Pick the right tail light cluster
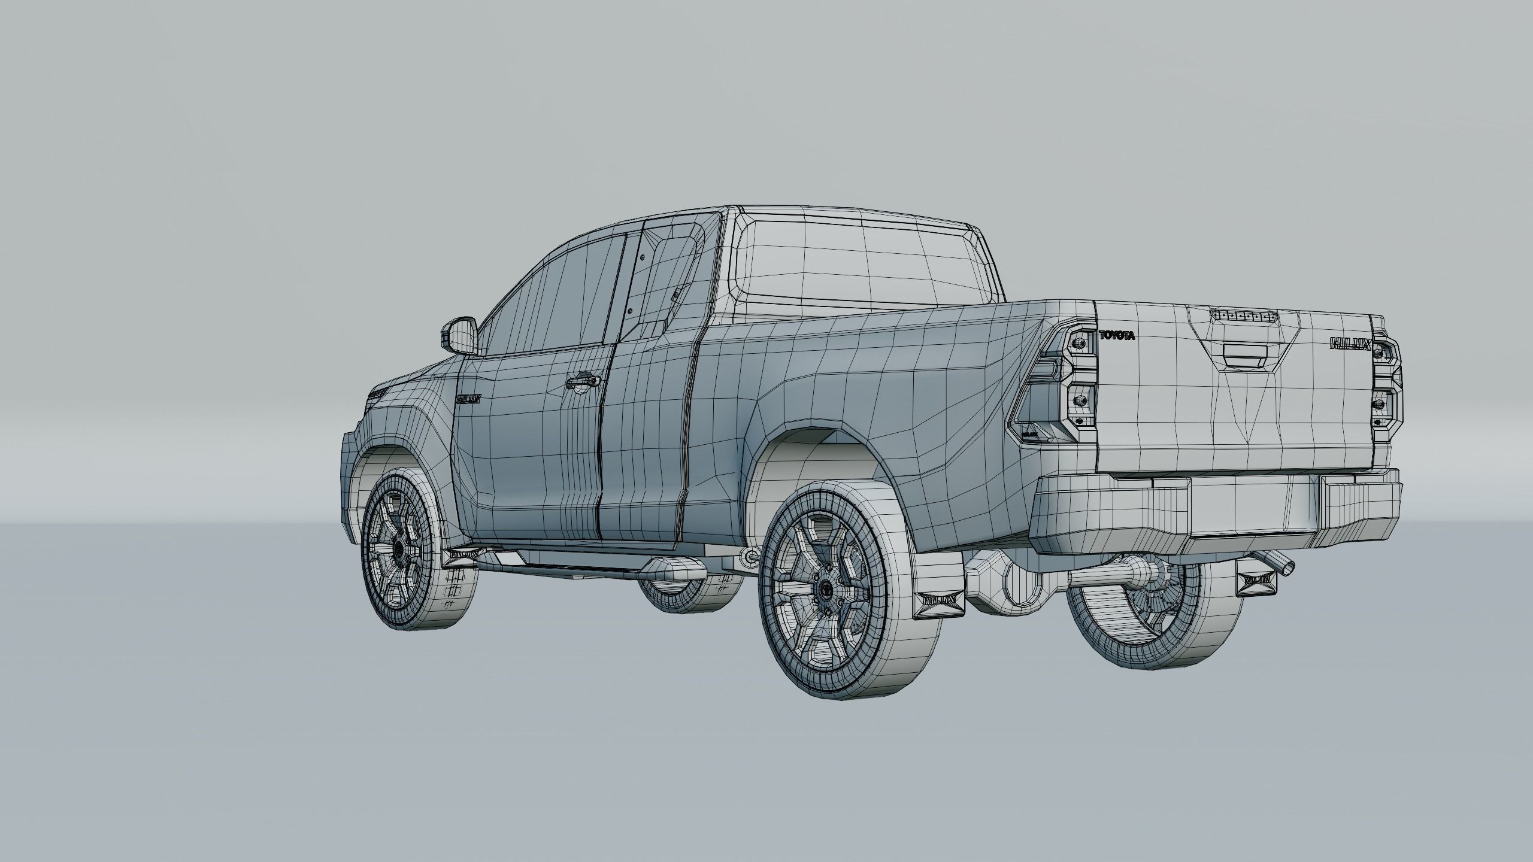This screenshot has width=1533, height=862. [x=1387, y=387]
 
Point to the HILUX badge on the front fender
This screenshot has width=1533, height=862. [x=469, y=398]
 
